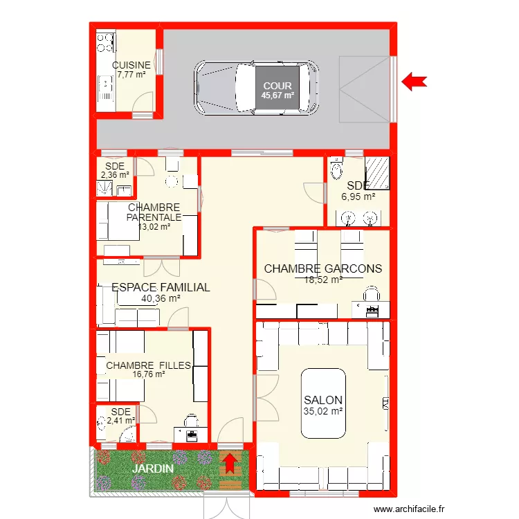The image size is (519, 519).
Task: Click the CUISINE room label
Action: [131, 65]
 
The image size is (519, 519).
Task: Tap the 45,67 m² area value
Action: [277, 95]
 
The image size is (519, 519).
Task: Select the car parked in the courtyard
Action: [257, 88]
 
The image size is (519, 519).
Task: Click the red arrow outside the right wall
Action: [415, 82]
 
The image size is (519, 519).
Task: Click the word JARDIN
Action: [153, 468]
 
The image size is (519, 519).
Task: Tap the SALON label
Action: [323, 400]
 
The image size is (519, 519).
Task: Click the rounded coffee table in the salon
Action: [323, 403]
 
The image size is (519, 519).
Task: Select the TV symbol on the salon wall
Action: [385, 403]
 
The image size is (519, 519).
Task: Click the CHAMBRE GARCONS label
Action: [323, 268]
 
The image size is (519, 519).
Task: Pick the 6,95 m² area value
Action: [358, 197]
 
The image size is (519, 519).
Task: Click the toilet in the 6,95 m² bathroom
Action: [337, 169]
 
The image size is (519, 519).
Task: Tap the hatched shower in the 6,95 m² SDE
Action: [377, 173]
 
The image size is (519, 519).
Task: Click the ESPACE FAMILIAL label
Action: [161, 287]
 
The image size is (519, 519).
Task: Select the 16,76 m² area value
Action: [149, 374]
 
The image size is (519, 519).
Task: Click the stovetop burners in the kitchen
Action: [106, 42]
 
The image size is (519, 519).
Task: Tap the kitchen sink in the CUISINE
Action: [106, 88]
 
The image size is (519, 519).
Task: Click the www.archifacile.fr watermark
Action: [409, 509]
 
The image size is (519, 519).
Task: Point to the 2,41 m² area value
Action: [121, 421]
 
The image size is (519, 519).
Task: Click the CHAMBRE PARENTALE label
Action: [154, 212]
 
